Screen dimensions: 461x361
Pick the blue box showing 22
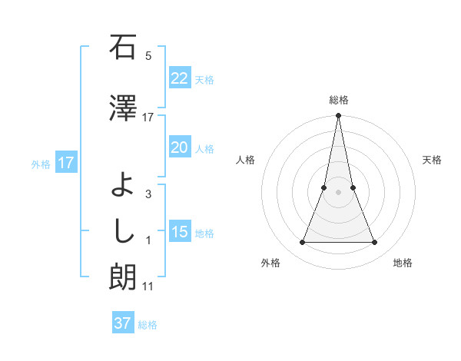pos(179,78)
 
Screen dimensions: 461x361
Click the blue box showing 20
pos(179,147)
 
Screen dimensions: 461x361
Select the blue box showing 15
pos(179,232)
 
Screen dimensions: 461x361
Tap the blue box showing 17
pos(65,163)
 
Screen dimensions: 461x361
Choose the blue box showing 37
pos(122,323)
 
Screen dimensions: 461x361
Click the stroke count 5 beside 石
pos(148,56)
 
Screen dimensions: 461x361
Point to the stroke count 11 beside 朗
pos(148,286)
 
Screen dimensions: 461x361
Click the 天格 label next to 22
pos(204,79)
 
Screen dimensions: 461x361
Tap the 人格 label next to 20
pos(204,148)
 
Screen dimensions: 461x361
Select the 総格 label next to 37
pos(148,324)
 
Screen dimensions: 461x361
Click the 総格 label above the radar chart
pos(338,100)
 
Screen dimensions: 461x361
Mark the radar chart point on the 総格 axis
pos(338,116)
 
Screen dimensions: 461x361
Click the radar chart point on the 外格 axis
pos(302,243)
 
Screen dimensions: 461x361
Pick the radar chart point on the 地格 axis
pos(375,243)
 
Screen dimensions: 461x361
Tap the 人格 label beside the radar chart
pos(245,160)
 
